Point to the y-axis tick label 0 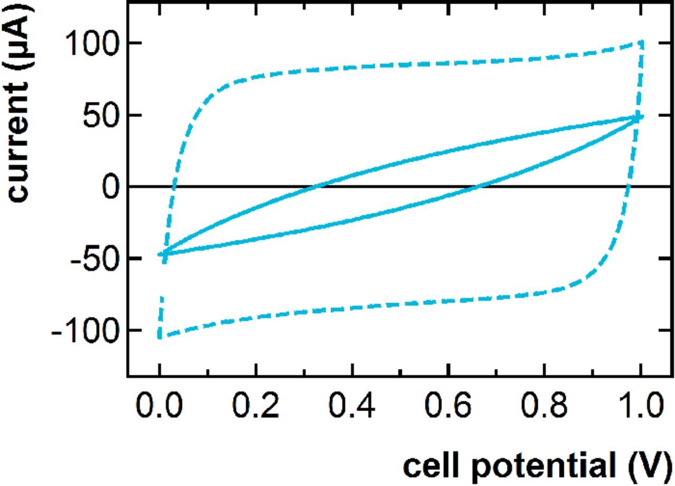point(111,187)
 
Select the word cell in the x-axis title point(427,466)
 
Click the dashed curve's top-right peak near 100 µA point(641,42)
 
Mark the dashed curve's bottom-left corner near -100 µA point(160,336)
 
